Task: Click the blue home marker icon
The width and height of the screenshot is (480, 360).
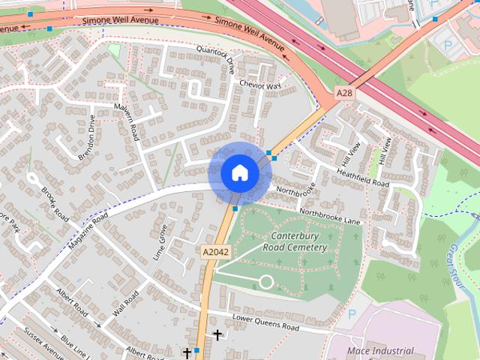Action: [239, 172]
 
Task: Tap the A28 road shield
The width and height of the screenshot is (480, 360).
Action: [344, 93]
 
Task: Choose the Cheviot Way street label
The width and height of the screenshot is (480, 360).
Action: [259, 86]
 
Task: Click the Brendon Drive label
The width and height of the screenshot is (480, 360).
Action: [87, 137]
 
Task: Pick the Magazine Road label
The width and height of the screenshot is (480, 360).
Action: [88, 230]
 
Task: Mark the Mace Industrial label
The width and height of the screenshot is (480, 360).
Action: [381, 350]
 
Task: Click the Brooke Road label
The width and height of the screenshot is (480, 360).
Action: [55, 203]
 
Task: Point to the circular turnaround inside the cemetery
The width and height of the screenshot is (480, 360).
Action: [265, 282]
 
